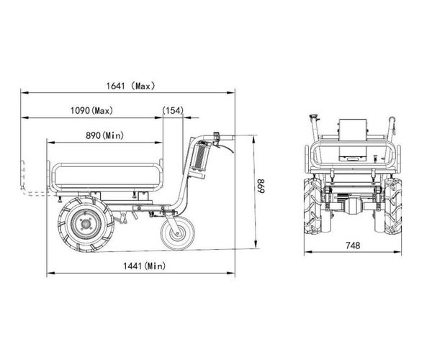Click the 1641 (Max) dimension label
tap(130, 86)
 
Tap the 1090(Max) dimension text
tap(91, 111)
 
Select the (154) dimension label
tap(173, 110)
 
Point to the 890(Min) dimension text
tap(104, 135)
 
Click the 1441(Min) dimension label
tap(145, 266)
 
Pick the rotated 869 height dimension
tap(261, 186)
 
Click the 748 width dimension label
tap(353, 245)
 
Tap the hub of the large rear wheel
tap(86, 224)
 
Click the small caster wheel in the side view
tap(178, 233)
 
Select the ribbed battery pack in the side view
tap(200, 156)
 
